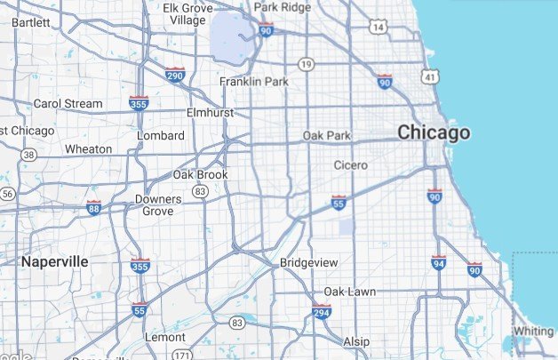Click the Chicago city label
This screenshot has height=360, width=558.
point(434,133)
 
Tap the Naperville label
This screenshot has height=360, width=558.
point(54,261)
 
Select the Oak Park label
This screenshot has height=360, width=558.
point(327,136)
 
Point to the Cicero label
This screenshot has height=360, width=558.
point(350,165)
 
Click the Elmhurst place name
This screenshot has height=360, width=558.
point(209,114)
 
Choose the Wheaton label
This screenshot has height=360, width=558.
point(89,149)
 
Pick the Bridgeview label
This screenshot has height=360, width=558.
point(307,263)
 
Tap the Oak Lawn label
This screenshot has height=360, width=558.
point(349,292)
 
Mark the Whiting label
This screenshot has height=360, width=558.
point(533,332)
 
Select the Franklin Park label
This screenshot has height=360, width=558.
point(255,82)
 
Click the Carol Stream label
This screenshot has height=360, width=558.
point(68,104)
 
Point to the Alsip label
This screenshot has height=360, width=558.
point(356,341)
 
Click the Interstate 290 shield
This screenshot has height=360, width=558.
point(175,75)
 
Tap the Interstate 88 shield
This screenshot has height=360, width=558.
point(94,209)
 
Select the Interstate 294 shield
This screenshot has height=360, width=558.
point(322,312)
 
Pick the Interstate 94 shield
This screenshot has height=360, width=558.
point(439,263)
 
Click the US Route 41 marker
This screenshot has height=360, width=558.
point(430,78)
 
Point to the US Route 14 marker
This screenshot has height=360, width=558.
point(378,28)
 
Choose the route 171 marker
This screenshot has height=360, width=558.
point(182,356)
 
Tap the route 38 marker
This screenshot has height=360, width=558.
point(29,155)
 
